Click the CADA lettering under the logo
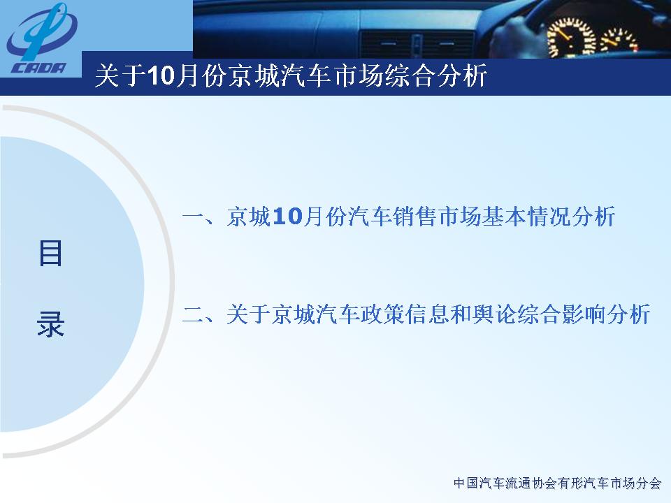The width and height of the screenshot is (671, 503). (x=39, y=68)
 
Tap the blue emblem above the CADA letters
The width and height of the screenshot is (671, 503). (x=41, y=31)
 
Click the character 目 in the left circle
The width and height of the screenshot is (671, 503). (x=50, y=253)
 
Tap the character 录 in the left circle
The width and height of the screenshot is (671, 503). (x=50, y=323)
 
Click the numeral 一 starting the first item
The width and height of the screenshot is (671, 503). (x=194, y=216)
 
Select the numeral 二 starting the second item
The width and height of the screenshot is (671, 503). (x=194, y=314)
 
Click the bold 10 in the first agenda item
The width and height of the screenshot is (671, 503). (x=287, y=217)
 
